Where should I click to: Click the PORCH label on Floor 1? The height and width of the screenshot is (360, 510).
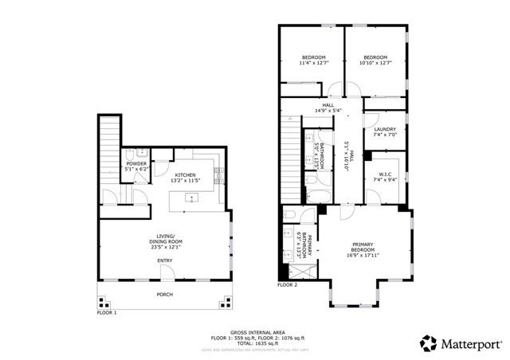point(164,295)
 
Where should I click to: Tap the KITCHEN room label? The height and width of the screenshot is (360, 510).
point(186,174)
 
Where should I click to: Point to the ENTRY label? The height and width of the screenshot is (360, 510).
point(164,260)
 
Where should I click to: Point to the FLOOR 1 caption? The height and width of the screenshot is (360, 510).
point(107,313)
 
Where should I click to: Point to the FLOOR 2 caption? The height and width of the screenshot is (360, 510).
point(287,284)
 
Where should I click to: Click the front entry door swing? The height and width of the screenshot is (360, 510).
point(167,272)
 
